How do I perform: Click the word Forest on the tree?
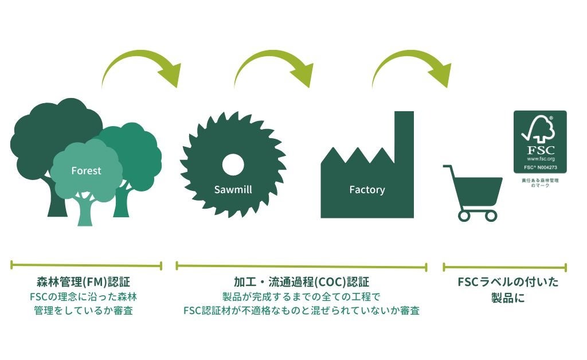pyautogui.click(x=86, y=170)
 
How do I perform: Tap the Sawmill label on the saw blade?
pyautogui.click(x=233, y=189)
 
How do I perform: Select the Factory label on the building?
pyautogui.click(x=367, y=189)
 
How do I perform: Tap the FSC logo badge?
pyautogui.click(x=539, y=142)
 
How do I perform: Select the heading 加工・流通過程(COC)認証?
pyautogui.click(x=301, y=283)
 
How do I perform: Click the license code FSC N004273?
pyautogui.click(x=539, y=167)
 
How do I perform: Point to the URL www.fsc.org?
pyautogui.click(x=539, y=158)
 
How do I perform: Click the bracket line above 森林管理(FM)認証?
pyautogui.click(x=86, y=265)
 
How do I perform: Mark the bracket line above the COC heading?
pyautogui.click(x=301, y=266)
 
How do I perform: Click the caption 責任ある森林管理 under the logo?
pyautogui.click(x=539, y=181)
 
